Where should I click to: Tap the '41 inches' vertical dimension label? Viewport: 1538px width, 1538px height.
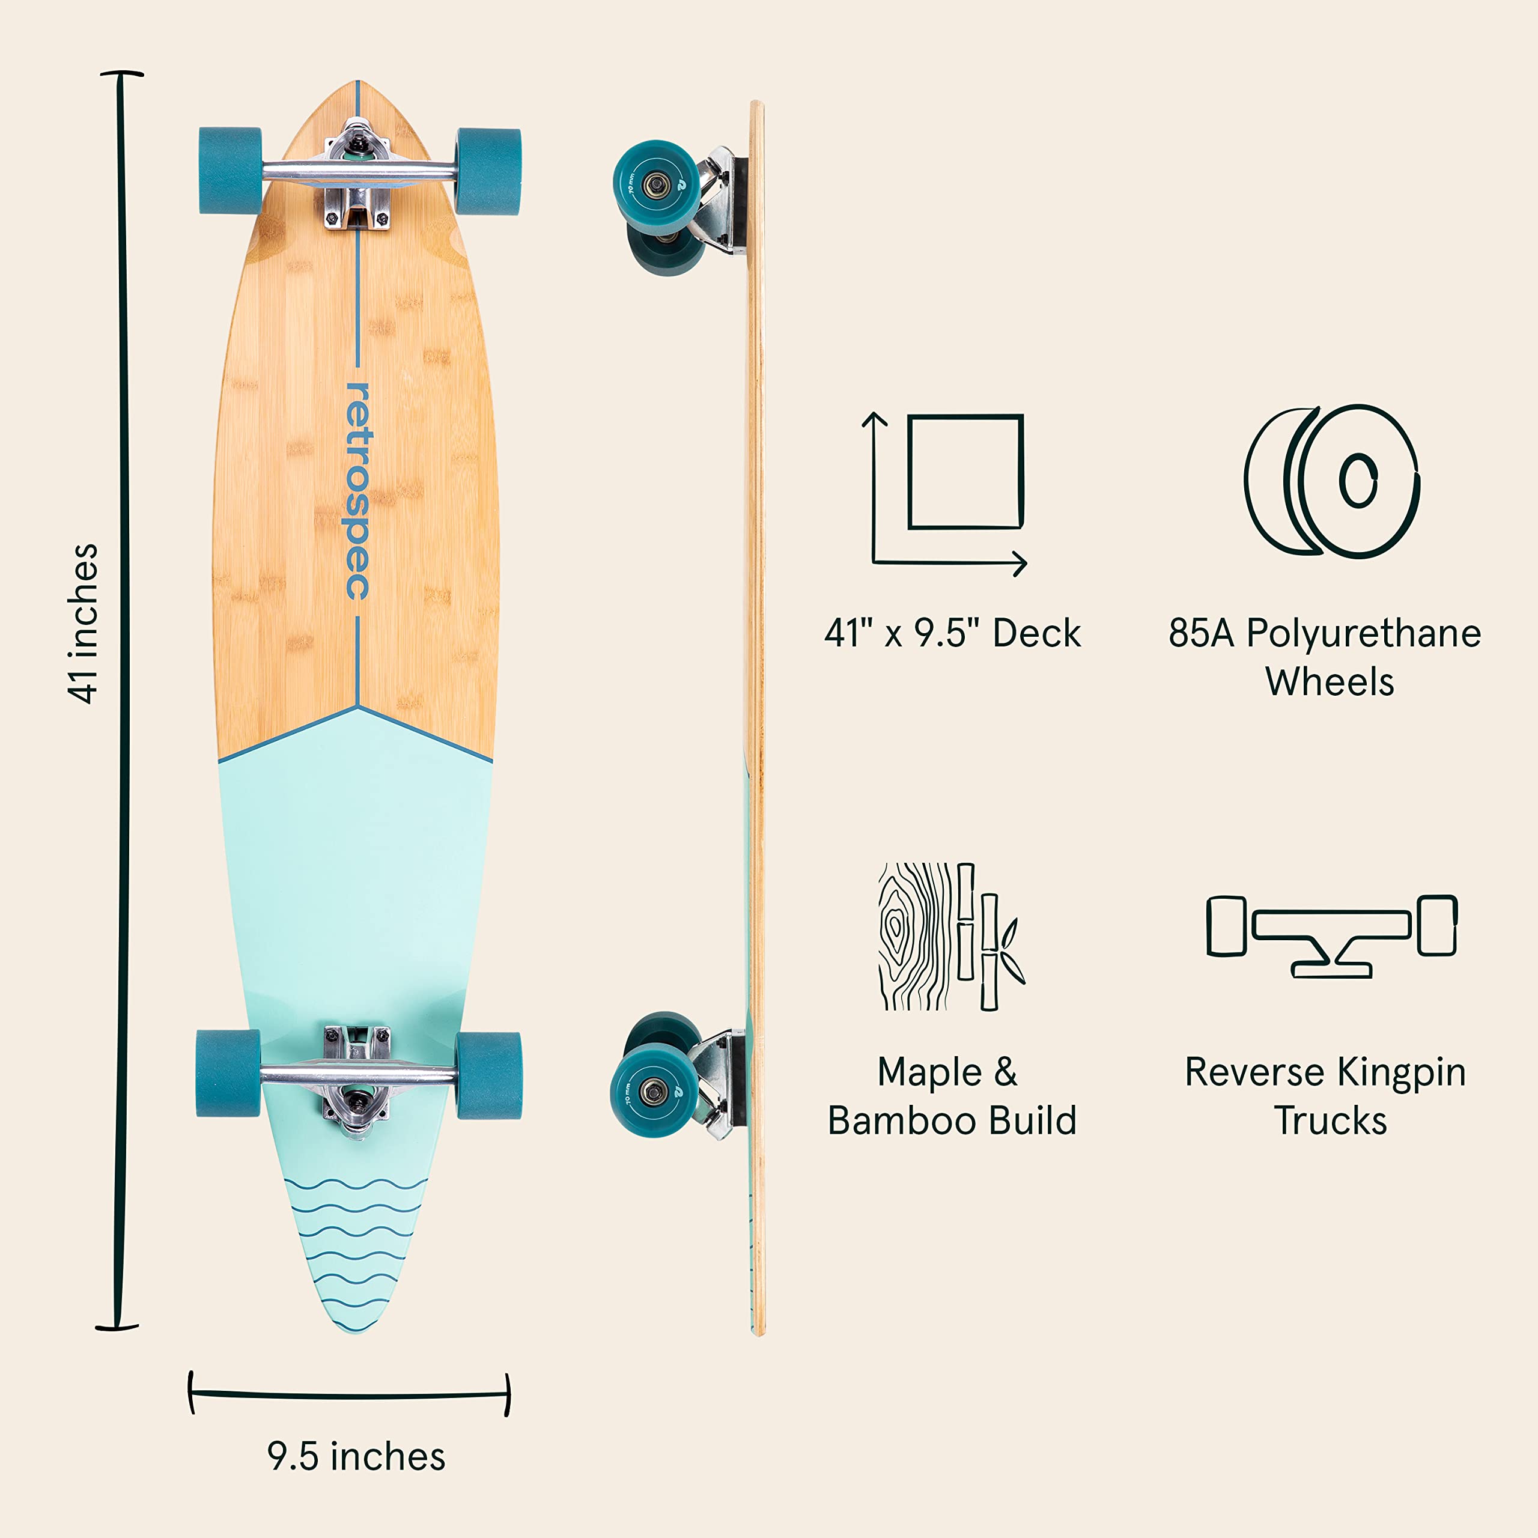pos(83,624)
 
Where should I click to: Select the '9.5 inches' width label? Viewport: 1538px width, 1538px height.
pos(356,1456)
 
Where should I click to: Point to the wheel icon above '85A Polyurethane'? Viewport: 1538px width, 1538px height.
pos(1330,481)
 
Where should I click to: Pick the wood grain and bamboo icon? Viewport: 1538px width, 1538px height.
pos(950,937)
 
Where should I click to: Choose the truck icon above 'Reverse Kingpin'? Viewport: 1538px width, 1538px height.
pos(1331,935)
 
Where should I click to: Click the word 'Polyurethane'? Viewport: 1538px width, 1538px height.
pos(1363,634)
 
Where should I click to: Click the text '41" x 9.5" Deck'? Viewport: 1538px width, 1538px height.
pos(952,634)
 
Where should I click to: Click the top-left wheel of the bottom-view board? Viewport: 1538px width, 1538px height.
pos(230,171)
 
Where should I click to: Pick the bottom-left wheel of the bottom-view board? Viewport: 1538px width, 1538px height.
pos(228,1073)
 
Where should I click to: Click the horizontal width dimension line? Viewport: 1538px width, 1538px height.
pos(348,1394)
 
